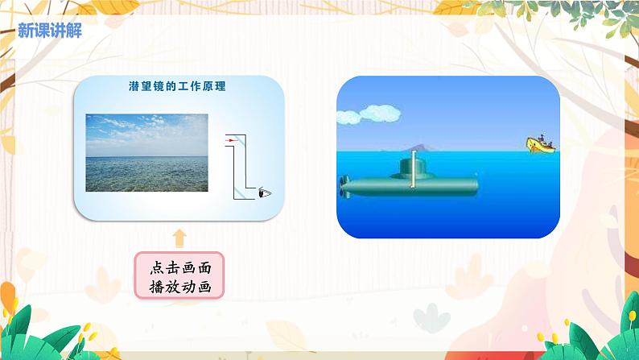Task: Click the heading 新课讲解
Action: click(49, 31)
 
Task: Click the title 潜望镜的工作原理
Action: click(176, 85)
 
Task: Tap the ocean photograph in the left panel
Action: click(146, 152)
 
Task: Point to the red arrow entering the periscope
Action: click(232, 140)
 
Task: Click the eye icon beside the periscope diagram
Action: click(264, 192)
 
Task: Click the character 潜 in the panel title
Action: click(134, 85)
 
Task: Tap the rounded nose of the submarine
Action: click(473, 186)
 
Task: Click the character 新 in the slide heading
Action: click(25, 31)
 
